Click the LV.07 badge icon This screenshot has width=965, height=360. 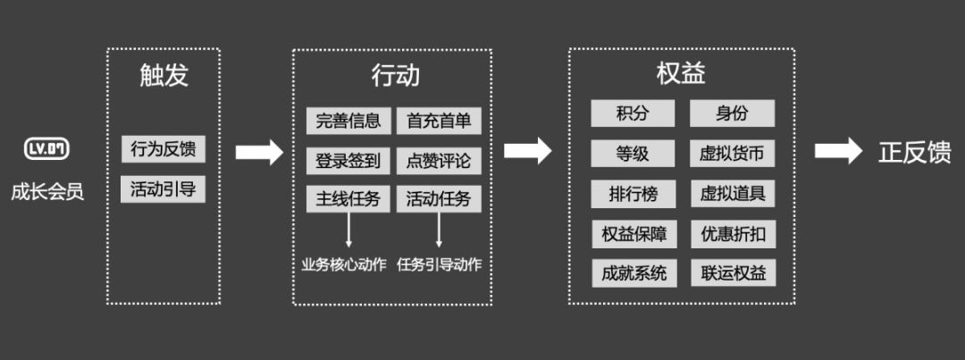pyautogui.click(x=47, y=149)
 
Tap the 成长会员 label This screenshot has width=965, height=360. pyautogui.click(x=47, y=191)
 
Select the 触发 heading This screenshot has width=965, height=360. pyautogui.click(x=164, y=75)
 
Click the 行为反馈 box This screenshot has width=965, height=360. pyautogui.click(x=164, y=149)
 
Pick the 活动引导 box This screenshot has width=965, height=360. pyautogui.click(x=164, y=189)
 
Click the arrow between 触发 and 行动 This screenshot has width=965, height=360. pyautogui.click(x=259, y=152)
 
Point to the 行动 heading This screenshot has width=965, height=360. pyautogui.click(x=394, y=75)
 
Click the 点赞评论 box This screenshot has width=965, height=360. pyautogui.click(x=439, y=161)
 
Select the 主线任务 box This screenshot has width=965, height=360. pyautogui.click(x=348, y=198)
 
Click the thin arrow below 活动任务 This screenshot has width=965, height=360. pyautogui.click(x=439, y=230)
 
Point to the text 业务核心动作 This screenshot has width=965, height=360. pyautogui.click(x=344, y=264)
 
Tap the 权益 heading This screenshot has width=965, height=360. pyautogui.click(x=681, y=73)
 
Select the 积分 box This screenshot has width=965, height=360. pyautogui.click(x=632, y=113)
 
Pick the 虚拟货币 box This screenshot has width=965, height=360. pyautogui.click(x=732, y=154)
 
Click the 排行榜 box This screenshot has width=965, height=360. pyautogui.click(x=632, y=194)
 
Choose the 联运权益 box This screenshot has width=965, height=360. pyautogui.click(x=732, y=272)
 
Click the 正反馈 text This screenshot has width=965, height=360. pyautogui.click(x=914, y=152)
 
